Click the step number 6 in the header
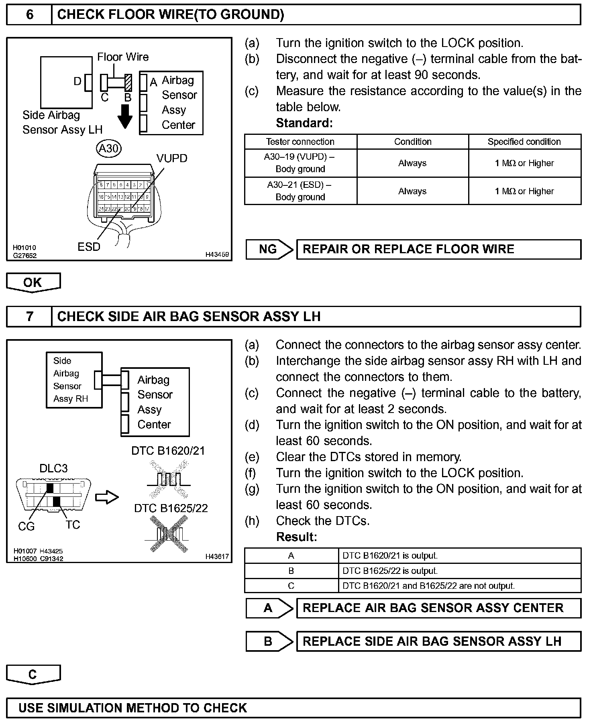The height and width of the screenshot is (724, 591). point(30,15)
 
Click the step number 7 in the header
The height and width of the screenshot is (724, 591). point(30,317)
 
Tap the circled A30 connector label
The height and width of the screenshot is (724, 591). point(109,148)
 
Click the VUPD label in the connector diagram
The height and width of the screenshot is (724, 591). point(172,159)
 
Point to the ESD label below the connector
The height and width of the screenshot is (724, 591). point(89,247)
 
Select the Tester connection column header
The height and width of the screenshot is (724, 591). point(300,142)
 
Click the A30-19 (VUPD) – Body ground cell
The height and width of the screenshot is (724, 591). point(300,163)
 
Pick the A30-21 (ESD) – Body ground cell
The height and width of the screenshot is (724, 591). point(300,191)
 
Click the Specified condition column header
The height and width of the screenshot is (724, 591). point(524,142)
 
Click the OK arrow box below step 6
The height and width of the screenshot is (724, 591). point(33,283)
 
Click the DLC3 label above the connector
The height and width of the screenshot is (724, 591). point(53,468)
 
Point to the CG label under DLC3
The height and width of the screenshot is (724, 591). point(26,526)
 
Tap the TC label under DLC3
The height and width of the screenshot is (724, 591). point(73,525)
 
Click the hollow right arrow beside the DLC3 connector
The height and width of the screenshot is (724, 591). point(107,498)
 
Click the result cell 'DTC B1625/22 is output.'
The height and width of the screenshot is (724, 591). point(390,571)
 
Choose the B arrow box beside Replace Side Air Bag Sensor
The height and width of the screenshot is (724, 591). point(269,641)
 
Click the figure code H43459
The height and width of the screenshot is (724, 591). point(217,254)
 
